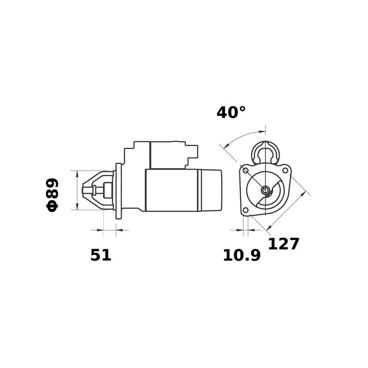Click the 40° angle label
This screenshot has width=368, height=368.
[231, 112]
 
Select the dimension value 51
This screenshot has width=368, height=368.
[101, 255]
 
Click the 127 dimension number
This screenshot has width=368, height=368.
[283, 244]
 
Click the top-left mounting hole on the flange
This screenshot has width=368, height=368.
[245, 171]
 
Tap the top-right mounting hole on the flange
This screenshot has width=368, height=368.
[285, 171]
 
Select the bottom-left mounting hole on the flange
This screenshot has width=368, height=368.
[245, 211]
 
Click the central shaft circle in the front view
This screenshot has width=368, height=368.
[265, 190]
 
